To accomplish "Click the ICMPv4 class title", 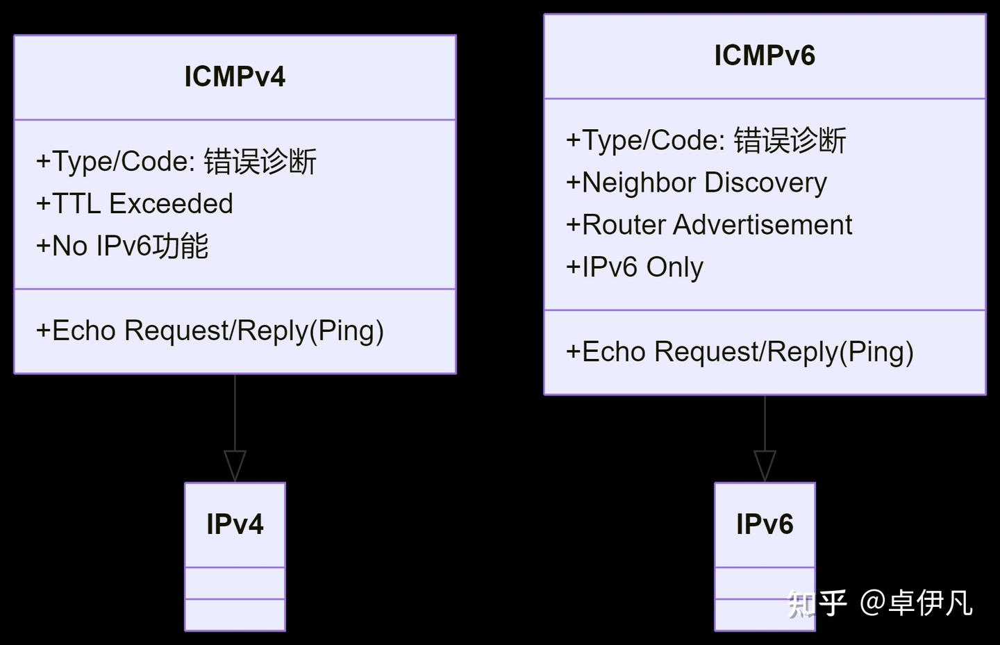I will (235, 77).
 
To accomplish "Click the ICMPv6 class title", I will (765, 56).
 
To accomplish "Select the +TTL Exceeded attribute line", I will (135, 204).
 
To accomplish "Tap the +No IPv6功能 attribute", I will (122, 246).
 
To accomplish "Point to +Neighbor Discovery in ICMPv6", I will (697, 183).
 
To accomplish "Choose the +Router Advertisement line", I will (709, 226).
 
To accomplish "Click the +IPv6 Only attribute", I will (635, 267).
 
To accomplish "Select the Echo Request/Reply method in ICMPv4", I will (210, 331).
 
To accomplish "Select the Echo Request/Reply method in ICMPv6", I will (740, 352).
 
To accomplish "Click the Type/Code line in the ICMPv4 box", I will (176, 162).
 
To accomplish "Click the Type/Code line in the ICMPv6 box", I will (706, 141).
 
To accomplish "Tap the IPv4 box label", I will (235, 524).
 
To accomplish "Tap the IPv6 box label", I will (765, 524).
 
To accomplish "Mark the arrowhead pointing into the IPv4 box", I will (235, 465).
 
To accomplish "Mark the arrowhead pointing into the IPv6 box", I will (765, 465).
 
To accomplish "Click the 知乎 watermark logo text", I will (817, 603).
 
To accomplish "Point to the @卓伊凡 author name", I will (916, 603).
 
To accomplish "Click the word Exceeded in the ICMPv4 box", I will (171, 204).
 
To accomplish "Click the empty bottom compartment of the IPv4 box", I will (235, 614).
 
